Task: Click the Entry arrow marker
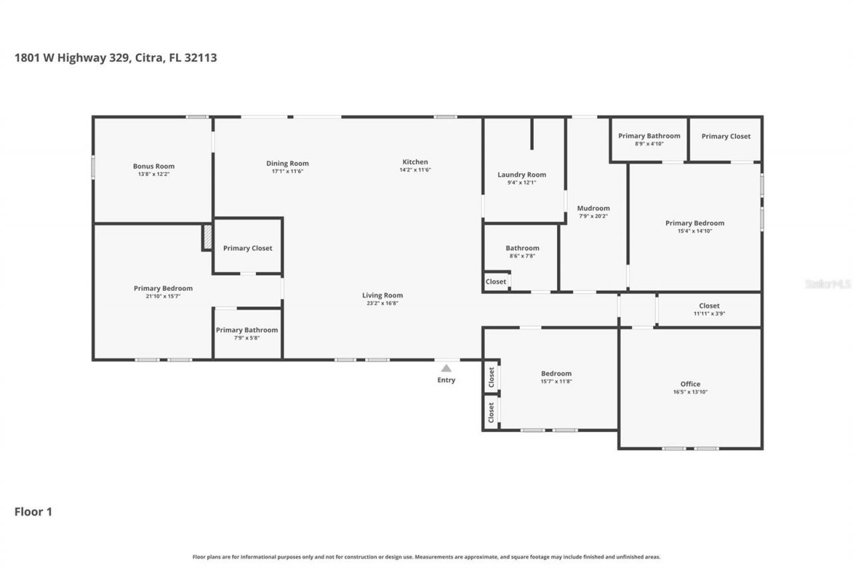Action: [x=446, y=368]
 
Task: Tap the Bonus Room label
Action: [x=153, y=166]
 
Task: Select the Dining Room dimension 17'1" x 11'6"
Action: [x=287, y=171]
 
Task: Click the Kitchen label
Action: [x=415, y=162]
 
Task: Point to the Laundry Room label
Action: [x=522, y=174]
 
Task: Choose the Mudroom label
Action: [x=593, y=208]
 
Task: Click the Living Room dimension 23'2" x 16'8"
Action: [x=383, y=303]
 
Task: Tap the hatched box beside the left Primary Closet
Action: [x=207, y=237]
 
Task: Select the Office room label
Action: [x=690, y=384]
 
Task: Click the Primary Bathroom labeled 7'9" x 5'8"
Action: [x=247, y=330]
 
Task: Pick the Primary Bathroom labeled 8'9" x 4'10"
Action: [x=649, y=136]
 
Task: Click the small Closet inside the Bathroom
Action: [x=496, y=282]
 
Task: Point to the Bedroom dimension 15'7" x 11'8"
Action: [x=556, y=382]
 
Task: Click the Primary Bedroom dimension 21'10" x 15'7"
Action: [x=163, y=296]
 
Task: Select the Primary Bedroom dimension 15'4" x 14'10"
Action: [x=694, y=231]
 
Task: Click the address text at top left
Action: [x=115, y=58]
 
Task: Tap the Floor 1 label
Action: [x=33, y=511]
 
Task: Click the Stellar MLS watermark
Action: [x=828, y=284]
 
